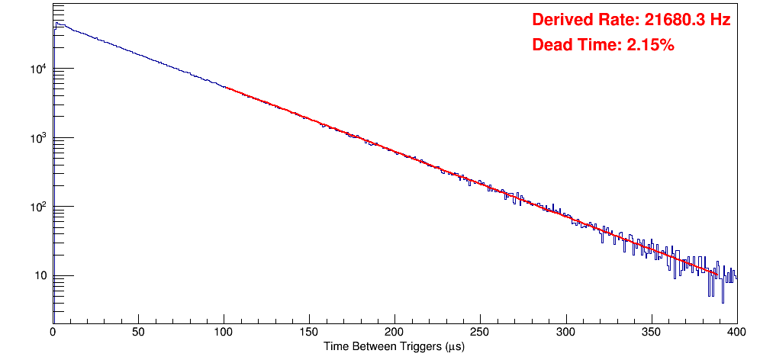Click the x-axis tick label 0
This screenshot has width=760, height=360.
53,333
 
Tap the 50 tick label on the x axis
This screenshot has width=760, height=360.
138,333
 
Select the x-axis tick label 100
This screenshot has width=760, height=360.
224,333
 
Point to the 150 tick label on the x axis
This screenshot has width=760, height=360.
309,333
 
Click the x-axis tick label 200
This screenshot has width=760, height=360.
394,333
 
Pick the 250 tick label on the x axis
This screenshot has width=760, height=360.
480,333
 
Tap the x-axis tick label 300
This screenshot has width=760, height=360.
565,333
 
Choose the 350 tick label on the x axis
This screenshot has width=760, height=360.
651,333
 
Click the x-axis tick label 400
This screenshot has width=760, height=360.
736,333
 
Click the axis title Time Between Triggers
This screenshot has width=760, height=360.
394,346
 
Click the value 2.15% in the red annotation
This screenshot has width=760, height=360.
650,46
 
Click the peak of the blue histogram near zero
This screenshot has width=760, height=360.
56,24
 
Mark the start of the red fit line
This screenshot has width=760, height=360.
224,88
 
